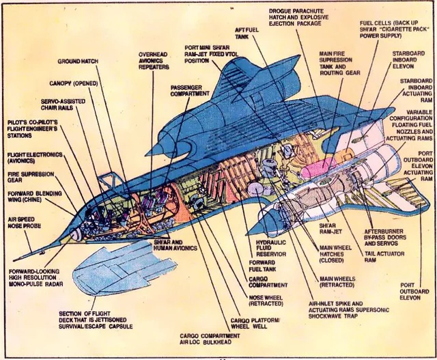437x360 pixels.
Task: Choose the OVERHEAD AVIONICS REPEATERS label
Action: tap(158, 60)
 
